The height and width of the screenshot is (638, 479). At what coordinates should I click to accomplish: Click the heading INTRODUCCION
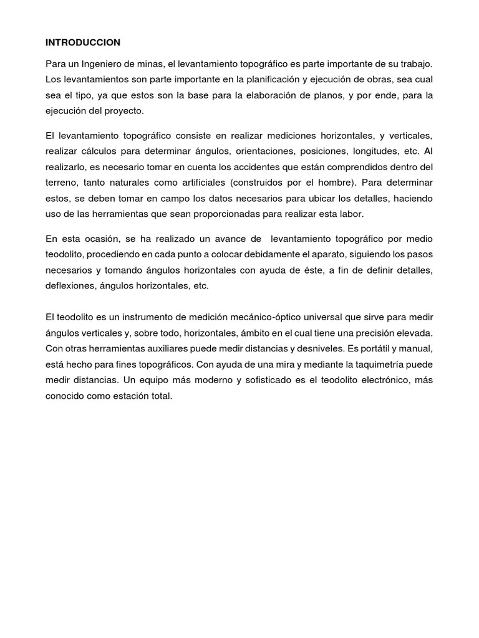click(83, 42)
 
